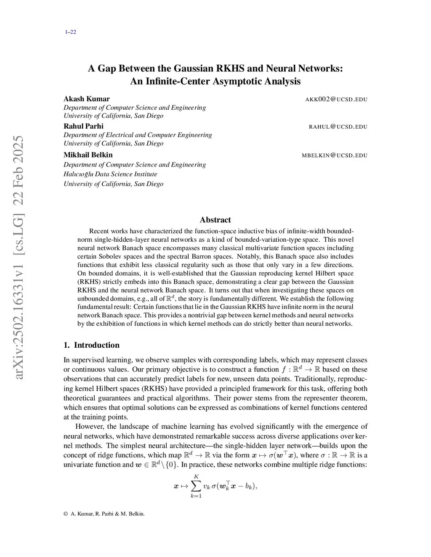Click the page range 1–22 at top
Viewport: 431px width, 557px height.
[70, 32]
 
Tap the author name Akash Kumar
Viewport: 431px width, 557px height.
[86, 99]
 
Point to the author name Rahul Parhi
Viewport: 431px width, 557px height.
[83, 126]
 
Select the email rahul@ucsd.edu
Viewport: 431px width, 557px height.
[338, 127]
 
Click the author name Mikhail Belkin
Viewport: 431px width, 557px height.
[88, 155]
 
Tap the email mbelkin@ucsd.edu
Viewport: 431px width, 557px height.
[334, 156]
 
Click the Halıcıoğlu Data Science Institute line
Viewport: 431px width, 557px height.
[110, 174]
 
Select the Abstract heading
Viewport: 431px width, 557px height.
[215, 220]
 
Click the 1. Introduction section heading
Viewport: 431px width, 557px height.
[91, 345]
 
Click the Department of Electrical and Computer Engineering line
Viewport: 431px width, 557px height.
[138, 135]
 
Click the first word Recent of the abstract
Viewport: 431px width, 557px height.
[99, 231]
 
